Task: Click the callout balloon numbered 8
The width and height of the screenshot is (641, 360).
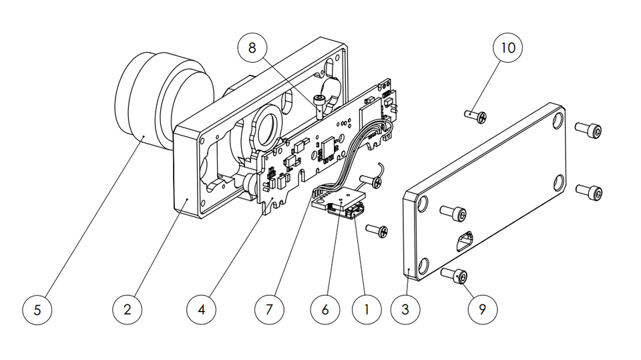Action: coord(252,49)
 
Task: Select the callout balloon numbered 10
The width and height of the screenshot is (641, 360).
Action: coord(508,48)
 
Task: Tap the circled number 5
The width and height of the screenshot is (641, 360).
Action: coord(37,310)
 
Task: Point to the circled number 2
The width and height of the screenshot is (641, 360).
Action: coord(127,310)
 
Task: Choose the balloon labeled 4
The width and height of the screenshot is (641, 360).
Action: coord(201,310)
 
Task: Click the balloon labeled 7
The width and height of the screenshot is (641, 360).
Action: coord(270,310)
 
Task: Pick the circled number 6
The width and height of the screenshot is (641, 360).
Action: coord(325,310)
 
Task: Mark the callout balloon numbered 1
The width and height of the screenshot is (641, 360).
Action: coord(365,310)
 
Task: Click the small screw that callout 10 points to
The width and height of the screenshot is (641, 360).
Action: coord(476,116)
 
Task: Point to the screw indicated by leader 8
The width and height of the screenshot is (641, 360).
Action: coord(320,104)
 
